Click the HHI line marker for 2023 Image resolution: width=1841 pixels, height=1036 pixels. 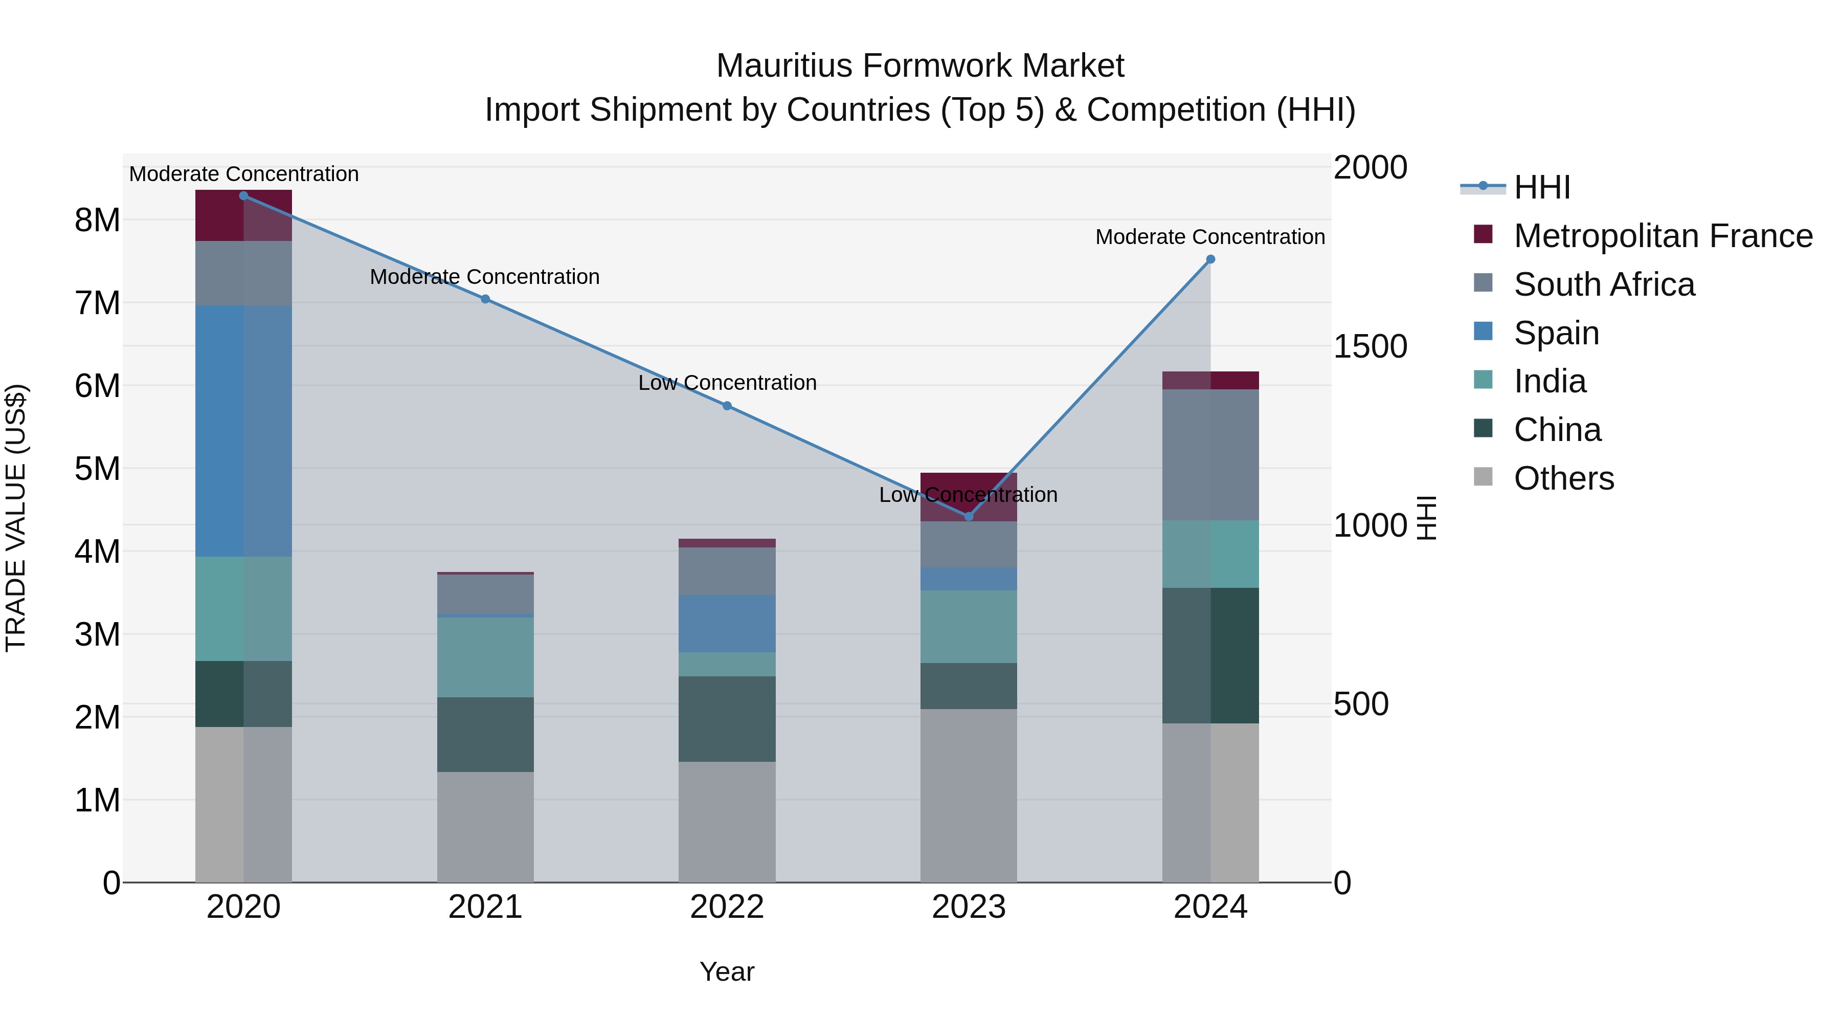pyautogui.click(x=969, y=516)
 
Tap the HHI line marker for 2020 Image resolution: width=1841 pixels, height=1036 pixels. pyautogui.click(x=244, y=196)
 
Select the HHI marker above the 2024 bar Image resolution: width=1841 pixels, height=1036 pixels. pyautogui.click(x=1210, y=259)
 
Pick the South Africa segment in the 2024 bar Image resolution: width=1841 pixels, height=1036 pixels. pyautogui.click(x=1210, y=455)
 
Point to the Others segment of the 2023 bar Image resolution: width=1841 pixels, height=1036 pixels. pyautogui.click(x=969, y=795)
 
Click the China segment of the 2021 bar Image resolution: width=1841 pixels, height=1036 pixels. pyautogui.click(x=485, y=734)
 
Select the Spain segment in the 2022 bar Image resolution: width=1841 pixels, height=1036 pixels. pyautogui.click(x=727, y=624)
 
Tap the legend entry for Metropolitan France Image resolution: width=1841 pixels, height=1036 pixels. pyautogui.click(x=1663, y=236)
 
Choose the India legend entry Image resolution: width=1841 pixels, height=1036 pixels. pyautogui.click(x=1550, y=381)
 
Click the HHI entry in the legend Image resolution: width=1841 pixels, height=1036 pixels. pyautogui.click(x=1541, y=187)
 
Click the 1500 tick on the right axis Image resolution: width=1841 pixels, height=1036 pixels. pyautogui.click(x=1370, y=347)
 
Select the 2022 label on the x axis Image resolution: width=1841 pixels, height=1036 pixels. pyautogui.click(x=727, y=907)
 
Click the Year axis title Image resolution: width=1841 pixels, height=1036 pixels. pyautogui.click(x=727, y=972)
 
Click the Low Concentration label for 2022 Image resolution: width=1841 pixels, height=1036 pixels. pyautogui.click(x=727, y=383)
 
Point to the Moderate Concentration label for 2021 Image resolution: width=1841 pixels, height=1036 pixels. pyautogui.click(x=485, y=277)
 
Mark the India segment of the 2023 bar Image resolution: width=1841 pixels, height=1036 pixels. pyautogui.click(x=969, y=626)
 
